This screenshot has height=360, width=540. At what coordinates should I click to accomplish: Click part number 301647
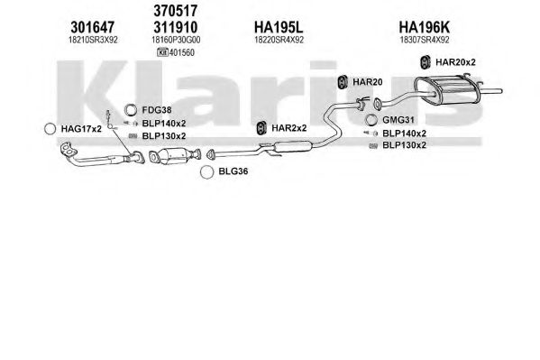click(x=92, y=27)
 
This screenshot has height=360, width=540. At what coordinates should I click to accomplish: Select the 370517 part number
click(x=176, y=11)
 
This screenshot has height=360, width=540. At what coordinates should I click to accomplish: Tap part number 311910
click(x=176, y=27)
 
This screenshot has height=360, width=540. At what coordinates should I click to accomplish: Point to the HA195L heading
click(x=279, y=27)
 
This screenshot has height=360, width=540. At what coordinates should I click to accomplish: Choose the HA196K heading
click(x=425, y=27)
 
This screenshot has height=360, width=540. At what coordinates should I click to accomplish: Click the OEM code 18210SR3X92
click(x=93, y=40)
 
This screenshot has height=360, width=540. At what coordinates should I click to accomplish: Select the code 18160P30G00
click(x=176, y=40)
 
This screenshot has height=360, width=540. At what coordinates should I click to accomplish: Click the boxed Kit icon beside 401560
click(x=162, y=52)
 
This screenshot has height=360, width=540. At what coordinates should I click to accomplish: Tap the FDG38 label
click(x=157, y=110)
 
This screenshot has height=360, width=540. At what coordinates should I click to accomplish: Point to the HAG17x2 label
click(x=81, y=129)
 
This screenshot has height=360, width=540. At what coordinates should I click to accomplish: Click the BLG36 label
click(x=233, y=171)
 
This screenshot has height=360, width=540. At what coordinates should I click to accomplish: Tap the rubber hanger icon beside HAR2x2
click(x=262, y=128)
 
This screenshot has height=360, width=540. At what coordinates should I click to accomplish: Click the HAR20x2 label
click(x=455, y=62)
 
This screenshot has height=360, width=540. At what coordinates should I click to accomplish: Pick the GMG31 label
click(x=398, y=120)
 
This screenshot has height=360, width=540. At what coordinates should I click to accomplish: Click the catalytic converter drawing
click(x=175, y=156)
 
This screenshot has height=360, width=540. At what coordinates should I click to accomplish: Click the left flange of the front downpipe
click(x=69, y=150)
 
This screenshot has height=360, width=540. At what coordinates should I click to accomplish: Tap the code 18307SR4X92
click(x=425, y=40)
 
